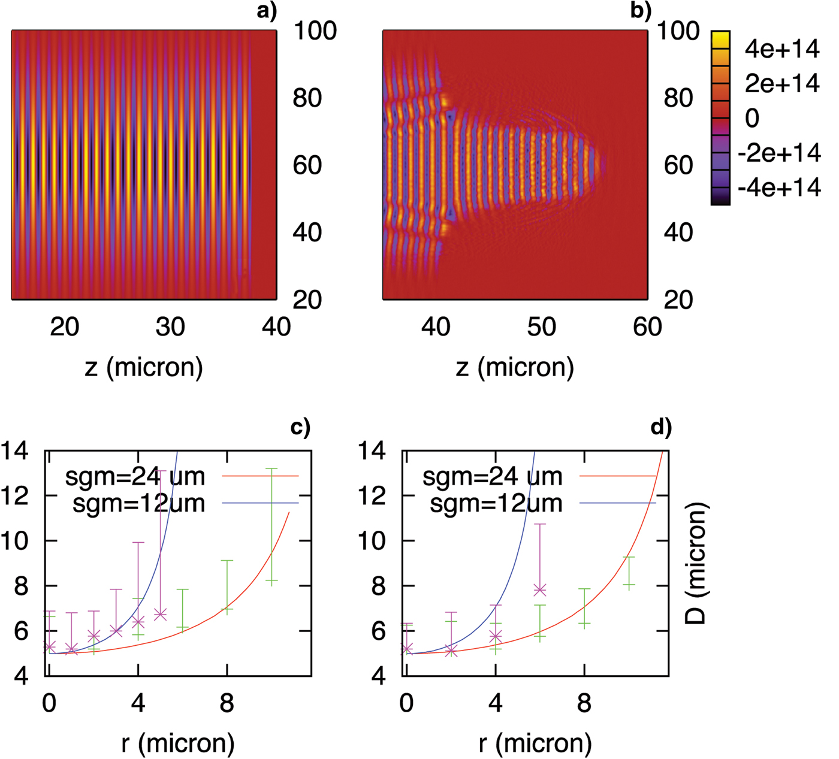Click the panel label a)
coord(267,11)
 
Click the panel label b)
coord(641,11)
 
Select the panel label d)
coord(661,427)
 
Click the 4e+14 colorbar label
coord(781,49)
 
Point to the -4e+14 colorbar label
coord(778,188)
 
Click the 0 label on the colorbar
coord(752,119)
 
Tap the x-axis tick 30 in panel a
coord(170,327)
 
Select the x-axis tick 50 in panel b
coord(541,327)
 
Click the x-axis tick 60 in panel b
coord(647,327)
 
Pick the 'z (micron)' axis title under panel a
coord(144,367)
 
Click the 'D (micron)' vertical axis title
coord(696,564)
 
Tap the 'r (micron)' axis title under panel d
coord(535,743)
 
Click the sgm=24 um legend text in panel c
coord(135,477)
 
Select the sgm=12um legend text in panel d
coord(496,504)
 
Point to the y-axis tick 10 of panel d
coord(373,541)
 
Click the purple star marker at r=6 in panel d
coord(540,590)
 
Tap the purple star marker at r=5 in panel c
coord(160,615)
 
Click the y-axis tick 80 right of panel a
coord(307,98)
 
